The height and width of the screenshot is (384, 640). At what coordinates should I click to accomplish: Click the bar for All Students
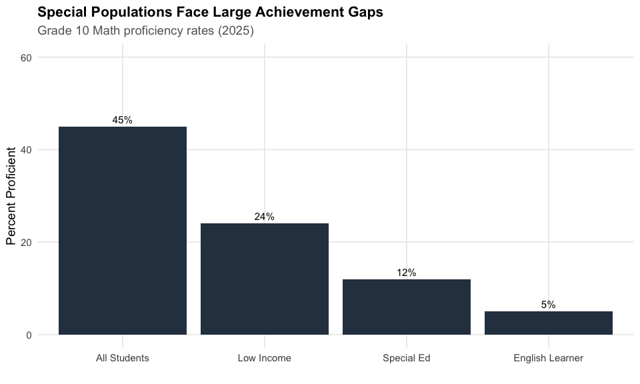[x=123, y=230]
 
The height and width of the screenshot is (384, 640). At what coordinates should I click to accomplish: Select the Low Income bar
[x=265, y=279]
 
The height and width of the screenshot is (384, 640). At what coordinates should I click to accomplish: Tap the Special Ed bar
[x=407, y=307]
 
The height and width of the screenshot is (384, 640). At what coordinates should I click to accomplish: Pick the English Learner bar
[x=549, y=323]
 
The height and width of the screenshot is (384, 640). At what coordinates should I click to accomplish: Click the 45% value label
[x=123, y=120]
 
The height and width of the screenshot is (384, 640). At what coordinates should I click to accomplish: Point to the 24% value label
[x=265, y=217]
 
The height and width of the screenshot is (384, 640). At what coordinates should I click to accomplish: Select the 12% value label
[x=407, y=273]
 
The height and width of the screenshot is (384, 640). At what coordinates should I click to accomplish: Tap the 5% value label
[x=549, y=305]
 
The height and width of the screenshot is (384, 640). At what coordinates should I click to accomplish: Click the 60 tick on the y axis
[x=27, y=57]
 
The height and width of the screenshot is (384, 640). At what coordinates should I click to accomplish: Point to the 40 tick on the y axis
[x=27, y=150]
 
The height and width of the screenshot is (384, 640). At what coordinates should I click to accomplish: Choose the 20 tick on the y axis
[x=27, y=242]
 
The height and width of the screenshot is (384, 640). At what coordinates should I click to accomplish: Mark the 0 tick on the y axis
[x=29, y=335]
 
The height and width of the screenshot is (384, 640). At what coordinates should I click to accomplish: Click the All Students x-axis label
[x=123, y=358]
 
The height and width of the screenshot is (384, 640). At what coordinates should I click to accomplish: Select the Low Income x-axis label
[x=265, y=358]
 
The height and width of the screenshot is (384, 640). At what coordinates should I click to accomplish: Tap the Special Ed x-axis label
[x=407, y=358]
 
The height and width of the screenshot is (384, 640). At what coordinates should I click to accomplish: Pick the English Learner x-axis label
[x=549, y=358]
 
